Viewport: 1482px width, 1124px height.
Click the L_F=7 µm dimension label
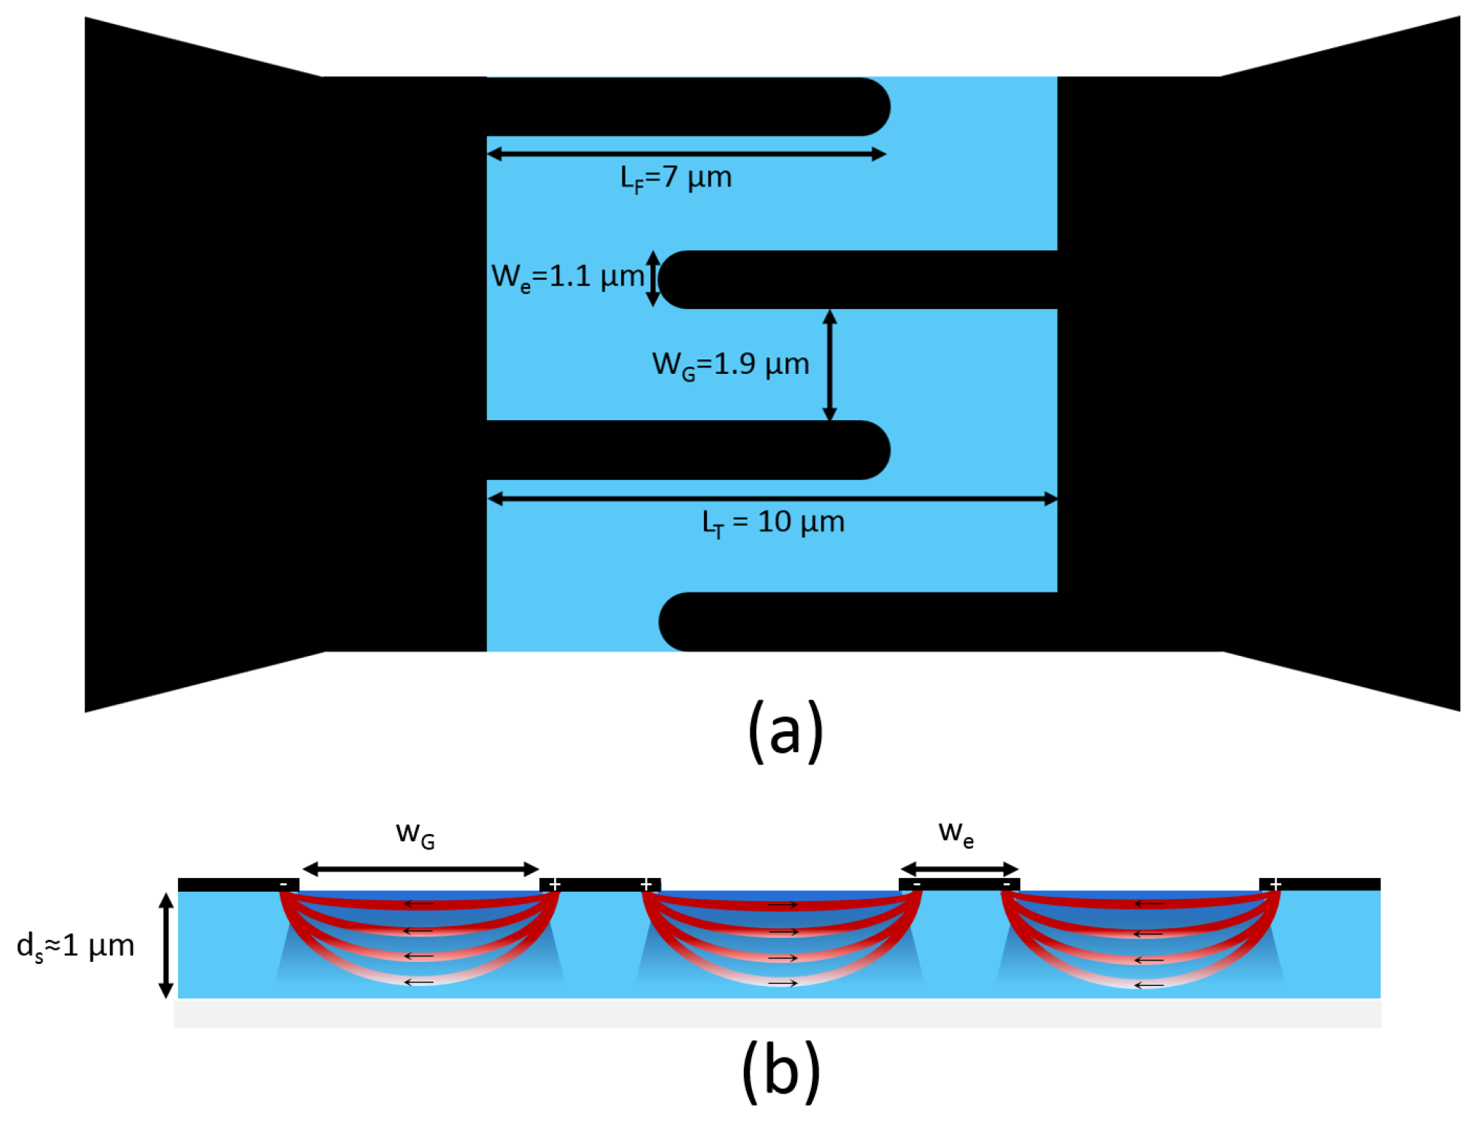click(x=675, y=177)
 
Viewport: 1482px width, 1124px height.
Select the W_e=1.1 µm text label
click(x=567, y=277)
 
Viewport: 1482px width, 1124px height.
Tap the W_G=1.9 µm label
click(x=730, y=364)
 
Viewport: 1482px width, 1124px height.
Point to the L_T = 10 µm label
click(x=772, y=522)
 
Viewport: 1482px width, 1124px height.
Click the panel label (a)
click(x=785, y=731)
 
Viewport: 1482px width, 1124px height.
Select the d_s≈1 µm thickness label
click(x=75, y=946)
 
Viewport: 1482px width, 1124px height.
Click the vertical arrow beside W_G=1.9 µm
click(x=829, y=365)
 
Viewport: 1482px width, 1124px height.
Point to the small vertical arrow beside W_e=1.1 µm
click(x=653, y=278)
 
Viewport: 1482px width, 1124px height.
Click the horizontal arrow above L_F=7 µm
click(x=686, y=154)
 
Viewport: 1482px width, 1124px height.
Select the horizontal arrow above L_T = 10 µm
click(x=772, y=499)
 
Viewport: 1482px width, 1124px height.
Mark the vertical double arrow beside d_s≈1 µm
click(x=166, y=945)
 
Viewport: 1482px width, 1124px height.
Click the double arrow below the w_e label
click(x=959, y=869)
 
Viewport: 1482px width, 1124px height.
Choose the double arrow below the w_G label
click(x=421, y=869)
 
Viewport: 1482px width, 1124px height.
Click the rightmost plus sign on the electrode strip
click(x=1275, y=884)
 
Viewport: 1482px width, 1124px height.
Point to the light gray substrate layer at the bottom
click(x=778, y=1014)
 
